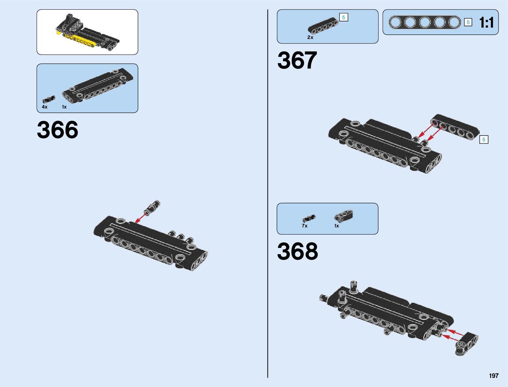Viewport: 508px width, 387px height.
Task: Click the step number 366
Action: pos(57,130)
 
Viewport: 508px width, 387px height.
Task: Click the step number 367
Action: pos(297,60)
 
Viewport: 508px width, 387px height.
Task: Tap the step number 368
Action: pos(297,251)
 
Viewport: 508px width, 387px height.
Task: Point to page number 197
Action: pos(493,376)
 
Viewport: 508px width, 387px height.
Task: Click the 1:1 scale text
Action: pos(486,23)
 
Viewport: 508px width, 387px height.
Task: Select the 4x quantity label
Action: pos(44,107)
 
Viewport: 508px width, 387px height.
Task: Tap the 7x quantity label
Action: pos(304,226)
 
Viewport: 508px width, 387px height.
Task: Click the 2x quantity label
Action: pos(310,37)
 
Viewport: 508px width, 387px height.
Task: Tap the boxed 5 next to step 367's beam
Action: pos(484,140)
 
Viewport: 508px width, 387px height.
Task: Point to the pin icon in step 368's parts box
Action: pos(308,218)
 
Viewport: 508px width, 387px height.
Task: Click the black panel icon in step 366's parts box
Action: pos(97,86)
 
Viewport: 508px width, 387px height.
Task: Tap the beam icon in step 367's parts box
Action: pos(323,25)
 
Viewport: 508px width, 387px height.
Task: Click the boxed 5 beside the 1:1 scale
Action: pos(468,22)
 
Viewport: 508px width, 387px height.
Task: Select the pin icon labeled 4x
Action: pos(49,99)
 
